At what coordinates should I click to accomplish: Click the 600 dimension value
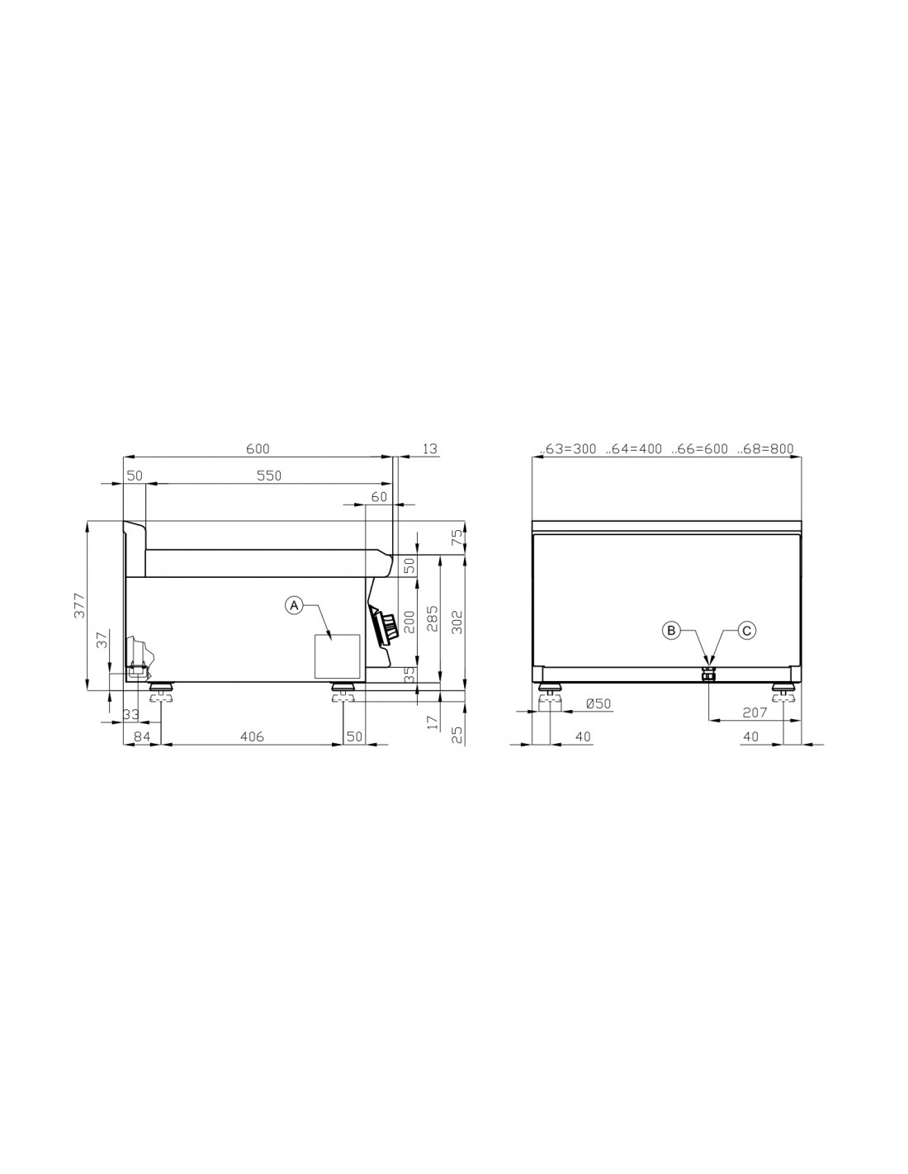click(258, 448)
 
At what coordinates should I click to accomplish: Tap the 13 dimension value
click(430, 448)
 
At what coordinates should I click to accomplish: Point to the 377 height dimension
click(79, 605)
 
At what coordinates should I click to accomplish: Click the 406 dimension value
click(252, 736)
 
